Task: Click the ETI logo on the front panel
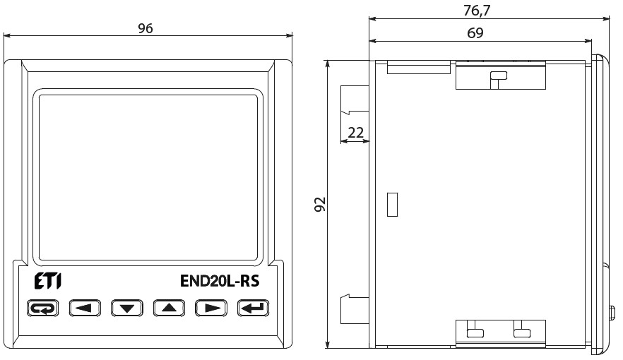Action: point(48,281)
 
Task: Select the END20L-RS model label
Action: point(220,281)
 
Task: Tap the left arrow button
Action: point(85,308)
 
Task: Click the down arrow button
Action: point(126,308)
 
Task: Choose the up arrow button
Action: point(169,308)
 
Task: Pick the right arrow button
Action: point(211,308)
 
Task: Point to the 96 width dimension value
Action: point(146,28)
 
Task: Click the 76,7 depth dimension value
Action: point(477,11)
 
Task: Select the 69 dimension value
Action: point(475,33)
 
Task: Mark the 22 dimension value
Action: point(355,133)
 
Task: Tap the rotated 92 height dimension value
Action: point(320,204)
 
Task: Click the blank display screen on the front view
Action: point(148,177)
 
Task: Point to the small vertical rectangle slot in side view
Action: point(392,205)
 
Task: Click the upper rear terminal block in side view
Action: point(355,100)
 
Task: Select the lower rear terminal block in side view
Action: point(355,308)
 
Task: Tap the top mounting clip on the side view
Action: point(501,75)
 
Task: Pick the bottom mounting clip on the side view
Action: point(501,333)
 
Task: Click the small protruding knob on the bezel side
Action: point(612,313)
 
